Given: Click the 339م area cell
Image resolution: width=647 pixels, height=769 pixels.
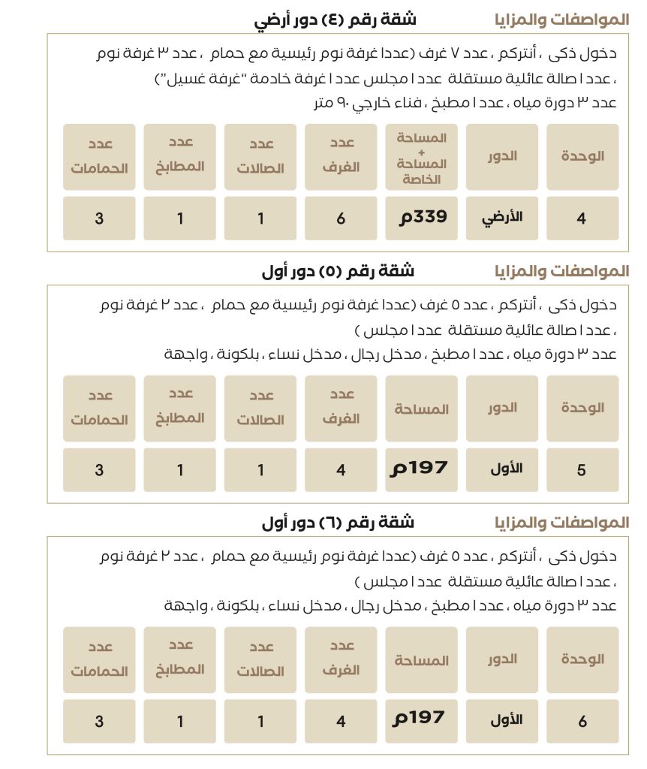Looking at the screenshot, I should click(422, 218).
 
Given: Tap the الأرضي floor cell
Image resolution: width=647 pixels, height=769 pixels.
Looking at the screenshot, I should click(502, 218).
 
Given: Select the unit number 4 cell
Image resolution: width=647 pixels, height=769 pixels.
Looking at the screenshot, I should click(582, 219).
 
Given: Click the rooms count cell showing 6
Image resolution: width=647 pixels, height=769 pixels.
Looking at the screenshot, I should click(341, 219).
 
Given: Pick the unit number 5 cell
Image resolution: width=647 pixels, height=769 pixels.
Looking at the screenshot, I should click(582, 470).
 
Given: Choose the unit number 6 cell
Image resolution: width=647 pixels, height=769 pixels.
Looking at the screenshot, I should click(582, 722).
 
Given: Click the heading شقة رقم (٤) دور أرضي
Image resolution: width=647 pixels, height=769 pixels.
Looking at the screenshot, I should click(335, 20).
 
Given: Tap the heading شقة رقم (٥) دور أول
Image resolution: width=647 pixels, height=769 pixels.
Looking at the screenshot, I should click(338, 271).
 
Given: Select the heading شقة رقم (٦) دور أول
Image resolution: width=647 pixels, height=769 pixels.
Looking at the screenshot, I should click(338, 523).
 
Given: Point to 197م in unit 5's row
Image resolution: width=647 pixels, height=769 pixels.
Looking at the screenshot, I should click(422, 469).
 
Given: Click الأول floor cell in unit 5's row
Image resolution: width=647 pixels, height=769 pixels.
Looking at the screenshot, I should click(502, 469).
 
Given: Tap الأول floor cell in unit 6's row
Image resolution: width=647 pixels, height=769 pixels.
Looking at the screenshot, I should click(502, 721).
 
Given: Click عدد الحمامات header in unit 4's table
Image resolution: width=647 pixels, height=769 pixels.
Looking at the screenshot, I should click(99, 156).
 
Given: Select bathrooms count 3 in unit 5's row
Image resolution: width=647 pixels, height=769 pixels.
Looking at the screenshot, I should click(99, 470).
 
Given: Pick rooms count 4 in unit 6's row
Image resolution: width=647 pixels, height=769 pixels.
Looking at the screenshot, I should click(341, 722).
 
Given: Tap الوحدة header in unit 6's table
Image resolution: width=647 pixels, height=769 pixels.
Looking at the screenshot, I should click(582, 659).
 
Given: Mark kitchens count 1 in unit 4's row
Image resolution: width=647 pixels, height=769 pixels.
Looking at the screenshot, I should click(180, 219).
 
